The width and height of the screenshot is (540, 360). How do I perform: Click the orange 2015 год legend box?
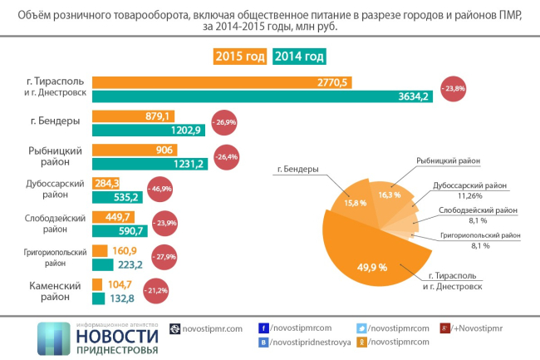click(240, 57)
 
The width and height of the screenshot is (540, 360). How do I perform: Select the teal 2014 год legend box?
click(299, 57)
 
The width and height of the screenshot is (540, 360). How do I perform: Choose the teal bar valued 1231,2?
click(150, 164)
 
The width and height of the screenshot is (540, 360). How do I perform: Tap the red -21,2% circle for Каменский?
click(155, 291)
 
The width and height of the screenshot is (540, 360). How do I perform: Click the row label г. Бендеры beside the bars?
click(55, 121)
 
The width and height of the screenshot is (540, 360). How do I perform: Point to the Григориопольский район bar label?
click(55, 257)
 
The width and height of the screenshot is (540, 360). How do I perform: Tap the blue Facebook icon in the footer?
click(263, 328)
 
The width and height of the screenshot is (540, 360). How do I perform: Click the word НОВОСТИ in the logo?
click(116, 336)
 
